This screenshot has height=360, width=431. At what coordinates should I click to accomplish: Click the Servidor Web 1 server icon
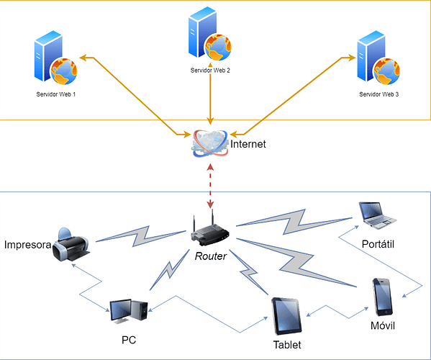(55, 58)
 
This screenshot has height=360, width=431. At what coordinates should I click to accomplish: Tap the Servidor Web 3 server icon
(378, 58)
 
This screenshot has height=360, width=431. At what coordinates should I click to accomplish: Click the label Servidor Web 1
(56, 94)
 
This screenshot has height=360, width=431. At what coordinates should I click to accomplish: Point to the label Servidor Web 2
(210, 71)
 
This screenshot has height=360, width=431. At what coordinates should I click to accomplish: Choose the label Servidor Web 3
(378, 94)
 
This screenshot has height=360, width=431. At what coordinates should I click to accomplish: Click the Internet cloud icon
(210, 143)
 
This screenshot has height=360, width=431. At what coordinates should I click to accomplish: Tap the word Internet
(248, 144)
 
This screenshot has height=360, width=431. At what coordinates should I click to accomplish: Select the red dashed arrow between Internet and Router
(211, 186)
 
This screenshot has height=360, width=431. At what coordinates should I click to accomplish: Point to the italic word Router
(211, 256)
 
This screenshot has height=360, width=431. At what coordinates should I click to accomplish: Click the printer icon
(71, 245)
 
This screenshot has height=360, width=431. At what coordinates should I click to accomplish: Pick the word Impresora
(28, 245)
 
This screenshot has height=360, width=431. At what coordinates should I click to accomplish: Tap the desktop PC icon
(129, 311)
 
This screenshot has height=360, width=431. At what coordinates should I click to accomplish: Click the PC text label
(129, 340)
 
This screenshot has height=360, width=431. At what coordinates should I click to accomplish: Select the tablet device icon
(286, 316)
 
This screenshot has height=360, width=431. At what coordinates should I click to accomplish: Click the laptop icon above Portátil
(378, 215)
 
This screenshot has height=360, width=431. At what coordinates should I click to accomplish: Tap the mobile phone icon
(382, 297)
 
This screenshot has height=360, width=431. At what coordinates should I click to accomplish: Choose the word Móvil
(383, 326)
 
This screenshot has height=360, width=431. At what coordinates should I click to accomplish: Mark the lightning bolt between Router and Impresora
(141, 236)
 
